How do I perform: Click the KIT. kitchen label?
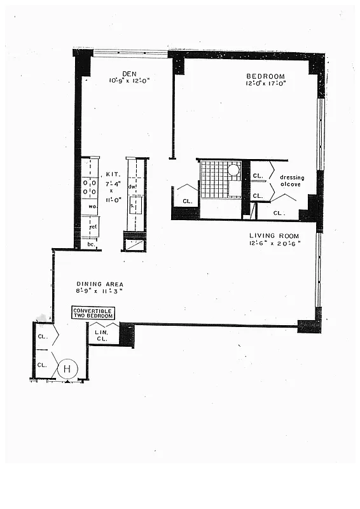[x=113, y=174]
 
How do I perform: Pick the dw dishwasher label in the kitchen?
[x=132, y=186]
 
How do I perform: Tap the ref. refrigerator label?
[x=92, y=226]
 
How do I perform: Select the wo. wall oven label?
[x=92, y=206]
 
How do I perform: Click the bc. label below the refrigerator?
[x=91, y=244]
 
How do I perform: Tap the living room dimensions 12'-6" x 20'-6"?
[x=274, y=243]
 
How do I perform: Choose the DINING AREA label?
[x=99, y=284]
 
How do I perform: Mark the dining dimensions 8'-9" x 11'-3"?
[x=99, y=291]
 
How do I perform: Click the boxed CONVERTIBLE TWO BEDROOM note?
[x=93, y=312]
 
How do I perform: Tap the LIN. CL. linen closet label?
[x=102, y=335]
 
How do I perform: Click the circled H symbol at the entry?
[x=67, y=368]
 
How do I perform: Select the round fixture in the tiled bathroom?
[x=233, y=171]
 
